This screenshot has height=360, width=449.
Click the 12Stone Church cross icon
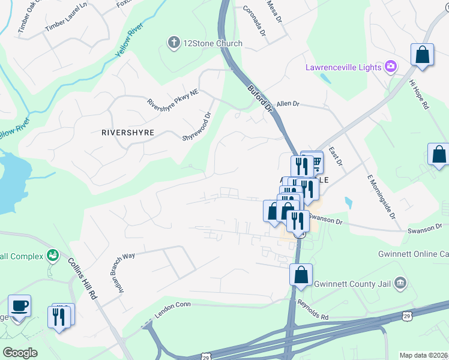[173, 43]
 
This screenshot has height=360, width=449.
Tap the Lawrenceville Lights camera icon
[391, 67]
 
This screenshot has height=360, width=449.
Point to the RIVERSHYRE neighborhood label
[128, 132]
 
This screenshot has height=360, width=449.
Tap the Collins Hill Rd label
[82, 278]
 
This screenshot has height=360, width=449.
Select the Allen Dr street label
[288, 104]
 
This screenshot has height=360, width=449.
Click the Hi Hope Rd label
[418, 95]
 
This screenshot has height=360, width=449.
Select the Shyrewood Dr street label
[198, 127]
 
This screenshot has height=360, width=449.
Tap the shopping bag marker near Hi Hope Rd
[423, 55]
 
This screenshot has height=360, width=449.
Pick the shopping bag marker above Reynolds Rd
[301, 275]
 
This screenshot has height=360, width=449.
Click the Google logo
[20, 352]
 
